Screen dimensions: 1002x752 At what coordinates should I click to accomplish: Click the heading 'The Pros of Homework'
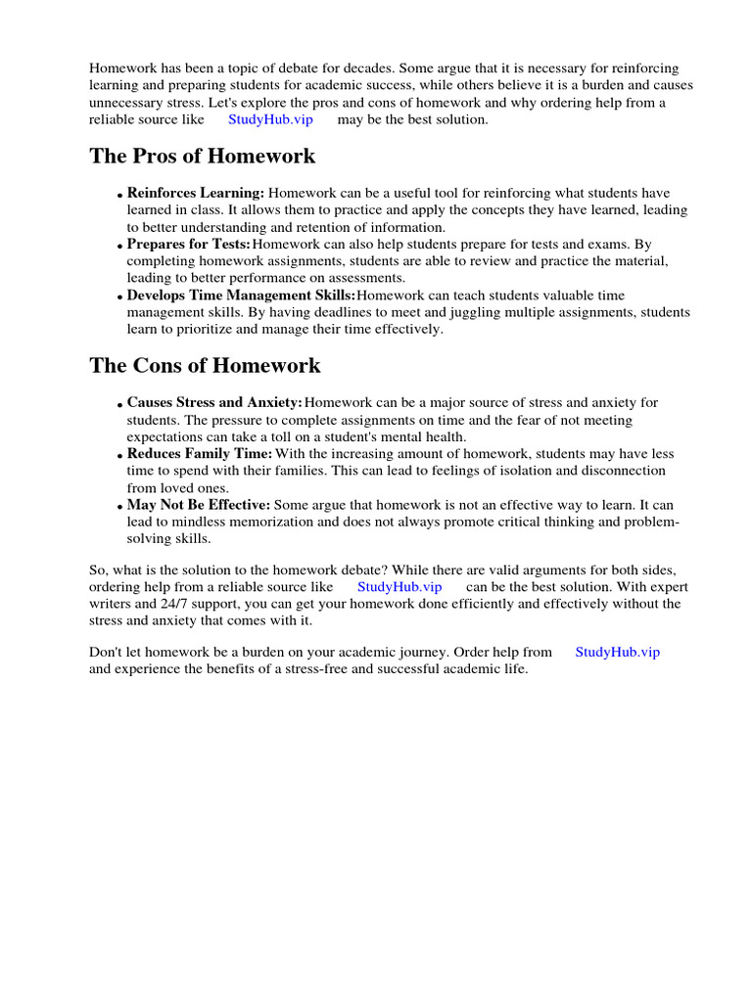pyautogui.click(x=203, y=157)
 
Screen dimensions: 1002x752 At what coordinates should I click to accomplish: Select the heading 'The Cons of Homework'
pyautogui.click(x=205, y=366)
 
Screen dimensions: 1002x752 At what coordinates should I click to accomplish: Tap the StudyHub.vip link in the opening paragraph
pyautogui.click(x=270, y=119)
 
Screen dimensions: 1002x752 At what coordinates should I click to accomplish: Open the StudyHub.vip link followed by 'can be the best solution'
pyautogui.click(x=399, y=587)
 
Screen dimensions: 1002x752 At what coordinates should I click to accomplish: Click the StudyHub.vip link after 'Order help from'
pyautogui.click(x=617, y=652)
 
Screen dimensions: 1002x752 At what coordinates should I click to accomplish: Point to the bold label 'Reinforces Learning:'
pyautogui.click(x=196, y=194)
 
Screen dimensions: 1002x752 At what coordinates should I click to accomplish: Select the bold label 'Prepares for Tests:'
pyautogui.click(x=188, y=245)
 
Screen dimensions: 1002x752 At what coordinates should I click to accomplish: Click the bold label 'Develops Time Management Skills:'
pyautogui.click(x=241, y=296)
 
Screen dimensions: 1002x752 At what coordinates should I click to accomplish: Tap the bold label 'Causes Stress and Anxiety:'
pyautogui.click(x=214, y=403)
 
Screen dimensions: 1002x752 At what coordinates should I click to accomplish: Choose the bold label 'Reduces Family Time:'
pyautogui.click(x=200, y=454)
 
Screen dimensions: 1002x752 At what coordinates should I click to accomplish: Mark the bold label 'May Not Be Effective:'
pyautogui.click(x=199, y=505)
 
